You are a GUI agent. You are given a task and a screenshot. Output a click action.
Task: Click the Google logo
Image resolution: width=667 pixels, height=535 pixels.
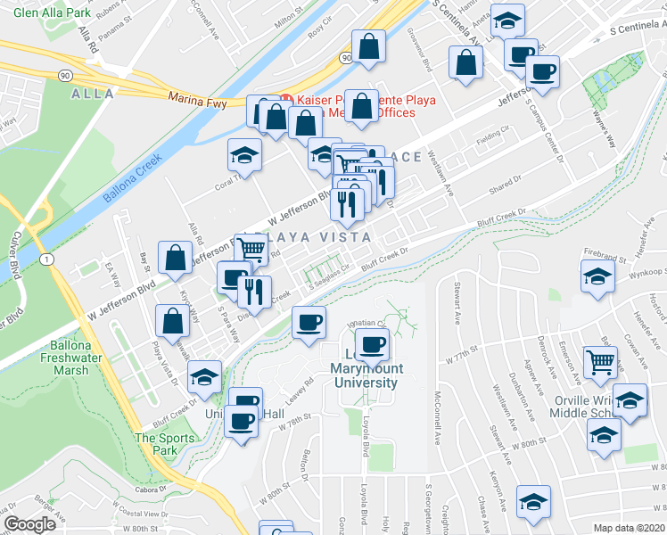click(29, 524)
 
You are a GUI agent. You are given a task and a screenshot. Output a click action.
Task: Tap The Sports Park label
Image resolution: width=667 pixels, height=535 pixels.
click(163, 443)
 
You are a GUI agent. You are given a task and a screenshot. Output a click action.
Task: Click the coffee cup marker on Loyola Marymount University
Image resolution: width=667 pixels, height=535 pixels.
click(373, 343)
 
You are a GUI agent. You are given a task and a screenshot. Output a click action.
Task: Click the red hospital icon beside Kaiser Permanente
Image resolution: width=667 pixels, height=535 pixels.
click(287, 99)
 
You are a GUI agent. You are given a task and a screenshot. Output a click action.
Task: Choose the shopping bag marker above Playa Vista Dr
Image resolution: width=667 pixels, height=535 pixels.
click(171, 319)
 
